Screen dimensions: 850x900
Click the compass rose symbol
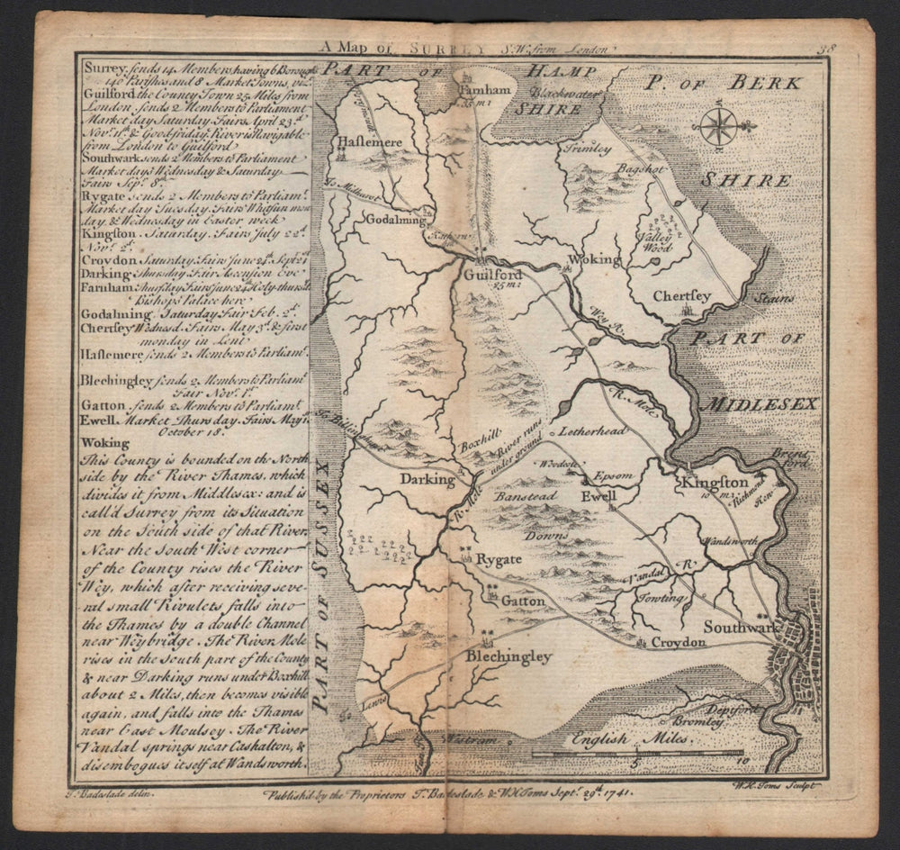tap(718, 126)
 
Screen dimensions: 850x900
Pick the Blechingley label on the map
tap(508, 657)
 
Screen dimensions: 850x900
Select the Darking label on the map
tap(427, 479)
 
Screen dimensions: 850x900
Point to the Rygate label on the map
tap(498, 559)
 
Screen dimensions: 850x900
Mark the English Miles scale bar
tap(637, 751)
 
